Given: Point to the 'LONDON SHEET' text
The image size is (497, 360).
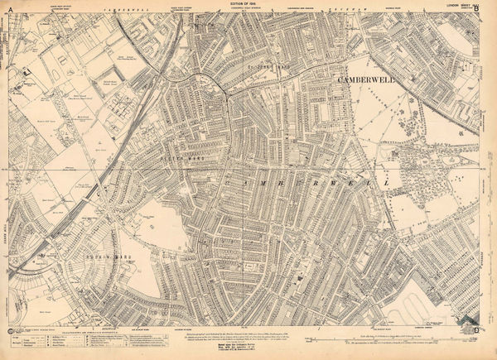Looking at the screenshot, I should pos(458,4).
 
